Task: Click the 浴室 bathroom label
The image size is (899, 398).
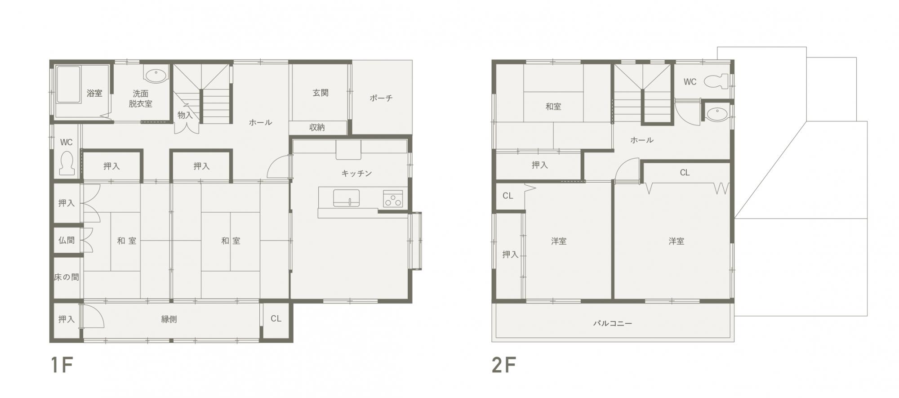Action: coord(94,93)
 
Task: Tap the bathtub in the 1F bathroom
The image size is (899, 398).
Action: coord(68,85)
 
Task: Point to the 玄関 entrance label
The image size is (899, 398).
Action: coord(320,93)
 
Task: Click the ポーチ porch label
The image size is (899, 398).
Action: coord(381,98)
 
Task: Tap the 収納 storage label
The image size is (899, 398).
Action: coord(317,127)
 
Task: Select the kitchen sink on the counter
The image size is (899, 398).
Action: coord(346,198)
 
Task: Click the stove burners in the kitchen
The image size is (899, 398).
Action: coord(393,198)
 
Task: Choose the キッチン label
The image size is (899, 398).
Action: coord(356,173)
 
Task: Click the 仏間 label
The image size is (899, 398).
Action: coord(67,240)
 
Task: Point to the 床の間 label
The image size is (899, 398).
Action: coord(67,277)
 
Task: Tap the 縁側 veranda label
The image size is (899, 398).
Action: coord(169,319)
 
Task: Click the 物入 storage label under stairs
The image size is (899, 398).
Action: coord(185,115)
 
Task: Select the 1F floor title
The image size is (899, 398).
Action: coord(62,365)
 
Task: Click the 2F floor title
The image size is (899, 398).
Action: coord(503,365)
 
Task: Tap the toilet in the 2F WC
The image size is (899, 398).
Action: coord(716,81)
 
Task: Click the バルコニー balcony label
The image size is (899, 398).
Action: coord(612,323)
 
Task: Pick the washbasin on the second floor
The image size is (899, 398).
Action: coord(716,114)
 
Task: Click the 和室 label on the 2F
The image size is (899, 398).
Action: coord(553,107)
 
